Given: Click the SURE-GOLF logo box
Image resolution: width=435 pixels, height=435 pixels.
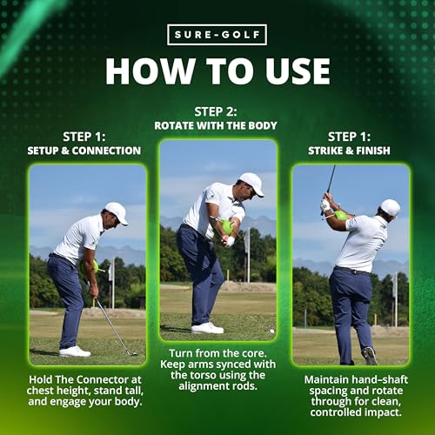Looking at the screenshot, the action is (x=217, y=35).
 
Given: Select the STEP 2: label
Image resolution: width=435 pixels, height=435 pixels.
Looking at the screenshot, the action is (x=216, y=112).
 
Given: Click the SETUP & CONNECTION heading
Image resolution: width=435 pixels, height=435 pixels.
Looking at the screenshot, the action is (x=84, y=151).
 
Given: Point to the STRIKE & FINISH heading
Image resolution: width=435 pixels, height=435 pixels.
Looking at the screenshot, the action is (x=349, y=151).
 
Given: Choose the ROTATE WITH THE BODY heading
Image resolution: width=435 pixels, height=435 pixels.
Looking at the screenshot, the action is (x=216, y=125).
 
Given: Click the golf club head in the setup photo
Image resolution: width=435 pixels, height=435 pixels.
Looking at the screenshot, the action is (x=132, y=353).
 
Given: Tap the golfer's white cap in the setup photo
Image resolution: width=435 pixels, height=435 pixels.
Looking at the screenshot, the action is (x=117, y=212).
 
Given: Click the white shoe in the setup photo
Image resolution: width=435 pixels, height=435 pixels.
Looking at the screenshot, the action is (x=75, y=351).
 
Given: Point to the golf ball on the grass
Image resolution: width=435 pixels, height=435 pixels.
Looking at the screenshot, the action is (x=271, y=331).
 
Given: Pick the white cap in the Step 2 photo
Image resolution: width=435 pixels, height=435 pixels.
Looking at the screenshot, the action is (x=252, y=184).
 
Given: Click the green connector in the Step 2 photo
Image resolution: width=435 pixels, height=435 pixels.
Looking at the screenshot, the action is (x=227, y=227).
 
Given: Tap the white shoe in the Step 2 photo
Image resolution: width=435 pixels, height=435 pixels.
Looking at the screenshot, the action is (x=207, y=328).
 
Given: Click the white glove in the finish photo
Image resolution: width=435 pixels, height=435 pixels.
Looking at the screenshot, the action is (x=325, y=204).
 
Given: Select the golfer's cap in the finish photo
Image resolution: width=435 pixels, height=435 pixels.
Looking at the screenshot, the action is (x=391, y=207).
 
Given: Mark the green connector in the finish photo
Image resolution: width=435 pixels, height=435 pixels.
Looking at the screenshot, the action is (x=340, y=216).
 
